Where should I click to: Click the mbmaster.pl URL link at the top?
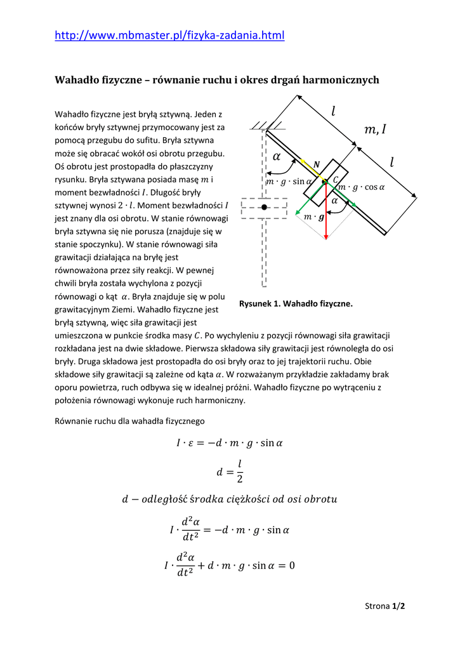click(x=169, y=36)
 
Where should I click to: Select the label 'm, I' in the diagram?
click(x=375, y=130)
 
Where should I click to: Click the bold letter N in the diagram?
click(x=317, y=164)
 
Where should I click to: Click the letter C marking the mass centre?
click(x=336, y=180)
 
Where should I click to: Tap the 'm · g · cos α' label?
click(x=362, y=187)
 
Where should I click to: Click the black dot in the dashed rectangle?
click(x=265, y=208)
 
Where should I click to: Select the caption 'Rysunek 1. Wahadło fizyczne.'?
click(x=296, y=304)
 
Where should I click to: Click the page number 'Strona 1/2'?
click(x=385, y=606)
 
